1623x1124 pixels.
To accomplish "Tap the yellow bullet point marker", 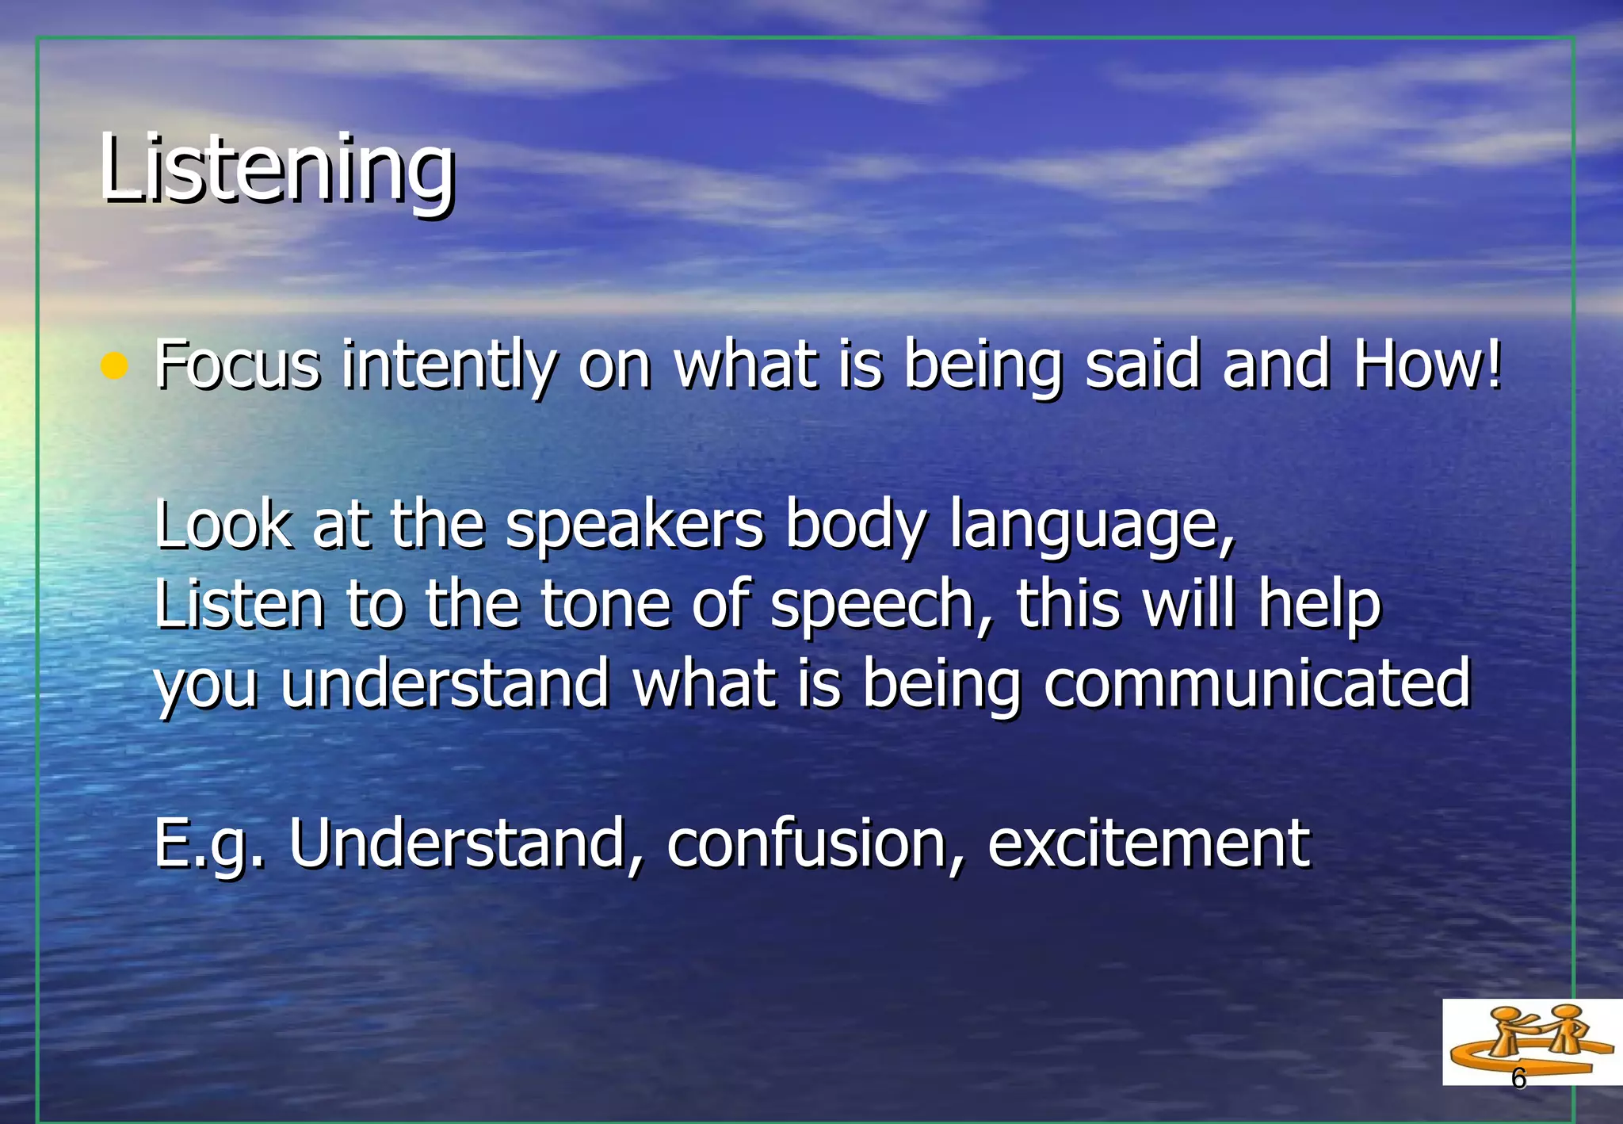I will coord(115,366).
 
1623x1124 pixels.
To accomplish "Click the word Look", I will coord(223,525).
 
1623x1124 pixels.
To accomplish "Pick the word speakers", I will coord(635,526).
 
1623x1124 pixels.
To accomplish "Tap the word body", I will coord(855,526).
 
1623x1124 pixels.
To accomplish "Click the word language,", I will coord(1093,526).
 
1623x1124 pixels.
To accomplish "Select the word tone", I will coord(605,604).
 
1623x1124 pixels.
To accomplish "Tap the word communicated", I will coord(1257,683).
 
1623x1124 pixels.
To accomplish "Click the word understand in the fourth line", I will coord(445,683).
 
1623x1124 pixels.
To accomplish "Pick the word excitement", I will coord(1148,843).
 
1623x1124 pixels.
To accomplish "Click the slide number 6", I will coord(1518,1079).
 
